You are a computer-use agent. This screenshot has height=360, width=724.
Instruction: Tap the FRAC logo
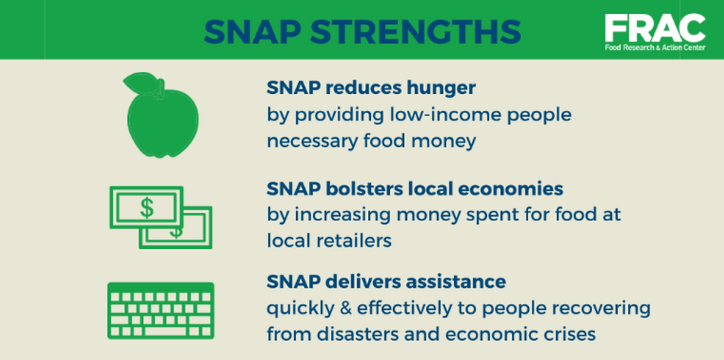pos(654,29)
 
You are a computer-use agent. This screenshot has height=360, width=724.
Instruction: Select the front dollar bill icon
pos(146,208)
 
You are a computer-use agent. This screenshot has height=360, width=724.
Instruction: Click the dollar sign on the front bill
pos(147,208)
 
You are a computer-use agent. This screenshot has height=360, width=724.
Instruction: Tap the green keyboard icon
pos(160,310)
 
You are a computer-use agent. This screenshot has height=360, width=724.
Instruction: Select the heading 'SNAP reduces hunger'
pos(370,88)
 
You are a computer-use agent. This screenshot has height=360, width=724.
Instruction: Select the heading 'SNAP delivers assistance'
pos(386,282)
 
